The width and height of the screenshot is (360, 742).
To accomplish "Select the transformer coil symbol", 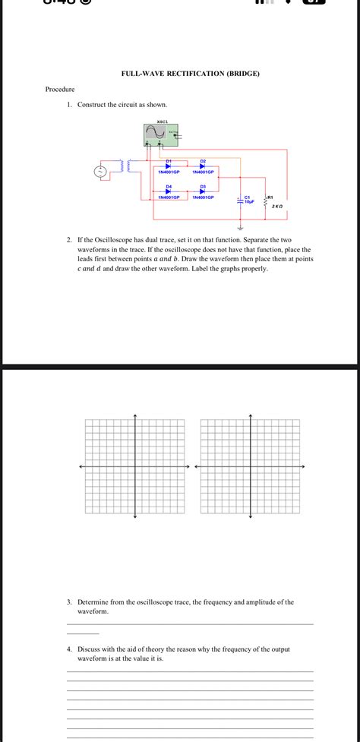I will tap(122, 166).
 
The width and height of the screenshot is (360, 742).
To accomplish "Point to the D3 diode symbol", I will tap(203, 191).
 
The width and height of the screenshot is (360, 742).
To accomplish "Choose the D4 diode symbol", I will tap(169, 191).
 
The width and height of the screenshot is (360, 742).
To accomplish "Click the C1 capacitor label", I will tap(248, 197).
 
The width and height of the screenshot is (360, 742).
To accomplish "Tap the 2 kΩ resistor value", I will tap(277, 206).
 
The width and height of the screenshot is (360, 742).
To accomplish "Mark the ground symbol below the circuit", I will tap(241, 227).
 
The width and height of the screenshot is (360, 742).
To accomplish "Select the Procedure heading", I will tap(60, 90).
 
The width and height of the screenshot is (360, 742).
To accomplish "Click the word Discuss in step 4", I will tap(90, 649).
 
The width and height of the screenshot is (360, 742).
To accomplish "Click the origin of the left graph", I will tap(134, 467).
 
